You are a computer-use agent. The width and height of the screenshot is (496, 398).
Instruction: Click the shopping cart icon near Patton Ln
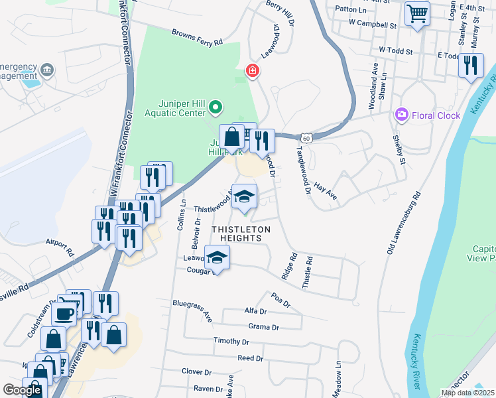[417, 13]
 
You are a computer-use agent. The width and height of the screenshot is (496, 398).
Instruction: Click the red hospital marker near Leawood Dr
[252, 70]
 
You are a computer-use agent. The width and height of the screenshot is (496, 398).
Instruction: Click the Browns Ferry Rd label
[197, 37]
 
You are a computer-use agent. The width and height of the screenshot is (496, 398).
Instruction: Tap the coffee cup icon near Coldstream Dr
[64, 314]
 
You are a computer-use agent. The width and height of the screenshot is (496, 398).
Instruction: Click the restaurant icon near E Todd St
[471, 65]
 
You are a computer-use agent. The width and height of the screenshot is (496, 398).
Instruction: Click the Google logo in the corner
[22, 390]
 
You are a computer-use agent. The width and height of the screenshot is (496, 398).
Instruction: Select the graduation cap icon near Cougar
[217, 257]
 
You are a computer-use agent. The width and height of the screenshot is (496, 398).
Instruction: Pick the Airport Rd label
[60, 248]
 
